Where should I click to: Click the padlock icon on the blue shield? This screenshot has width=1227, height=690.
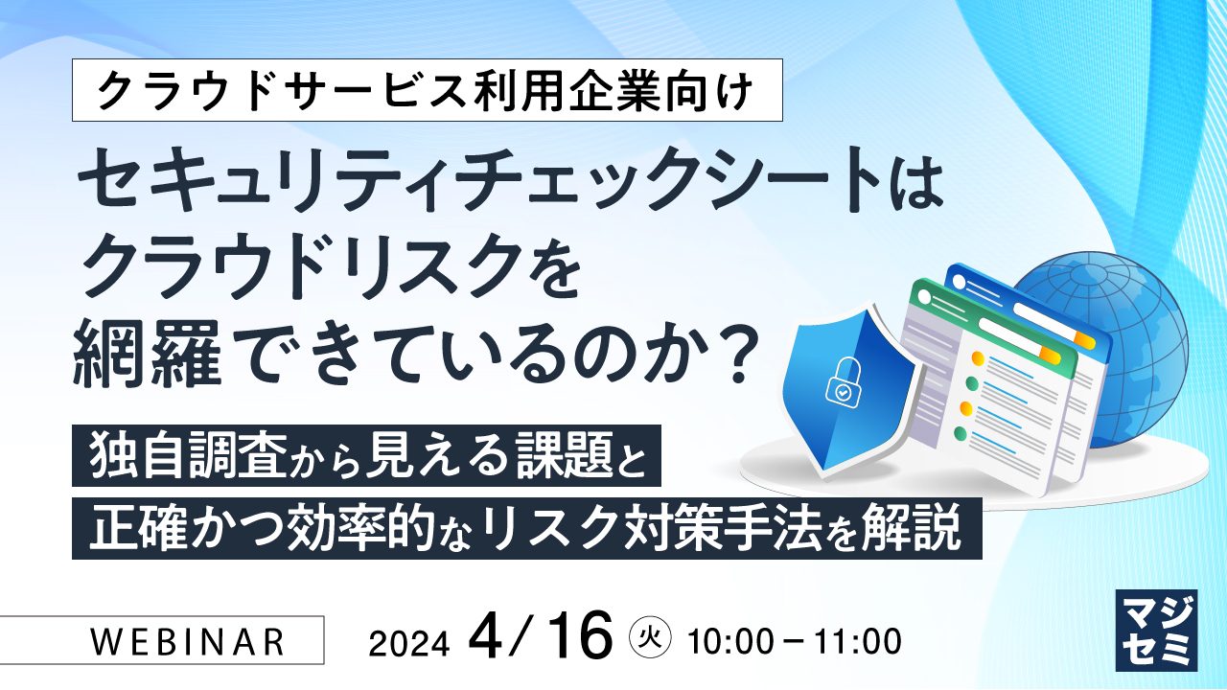pos(840,384)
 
